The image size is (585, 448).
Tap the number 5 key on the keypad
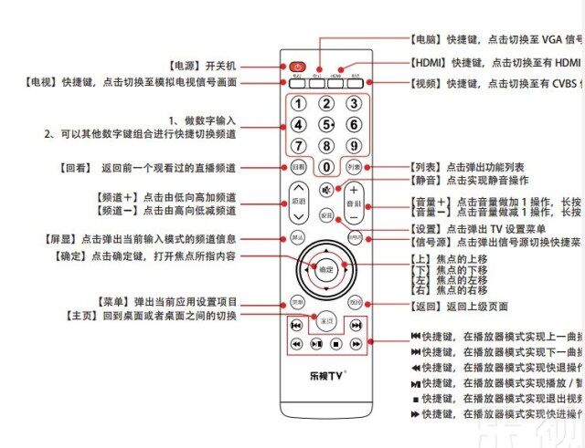click(x=325, y=124)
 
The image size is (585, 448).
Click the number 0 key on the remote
click(x=326, y=167)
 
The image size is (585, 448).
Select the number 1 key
click(x=298, y=104)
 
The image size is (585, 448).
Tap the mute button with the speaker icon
click(x=326, y=190)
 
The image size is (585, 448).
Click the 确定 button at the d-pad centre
click(x=326, y=270)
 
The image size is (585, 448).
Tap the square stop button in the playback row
click(x=336, y=344)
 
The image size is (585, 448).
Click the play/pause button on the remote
click(x=316, y=344)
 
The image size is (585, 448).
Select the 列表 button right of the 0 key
click(x=354, y=167)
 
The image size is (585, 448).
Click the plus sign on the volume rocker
click(x=355, y=190)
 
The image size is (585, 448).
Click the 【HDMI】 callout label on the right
click(x=429, y=63)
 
